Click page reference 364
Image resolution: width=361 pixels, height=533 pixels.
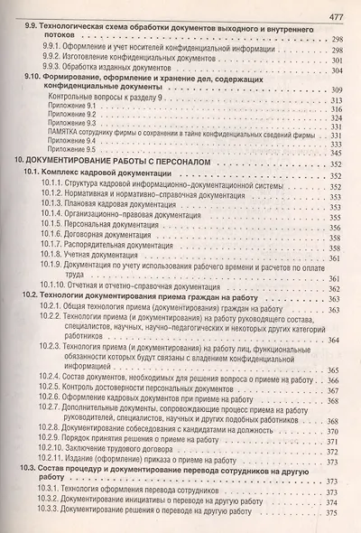333,341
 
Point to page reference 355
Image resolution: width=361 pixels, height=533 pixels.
334,218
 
